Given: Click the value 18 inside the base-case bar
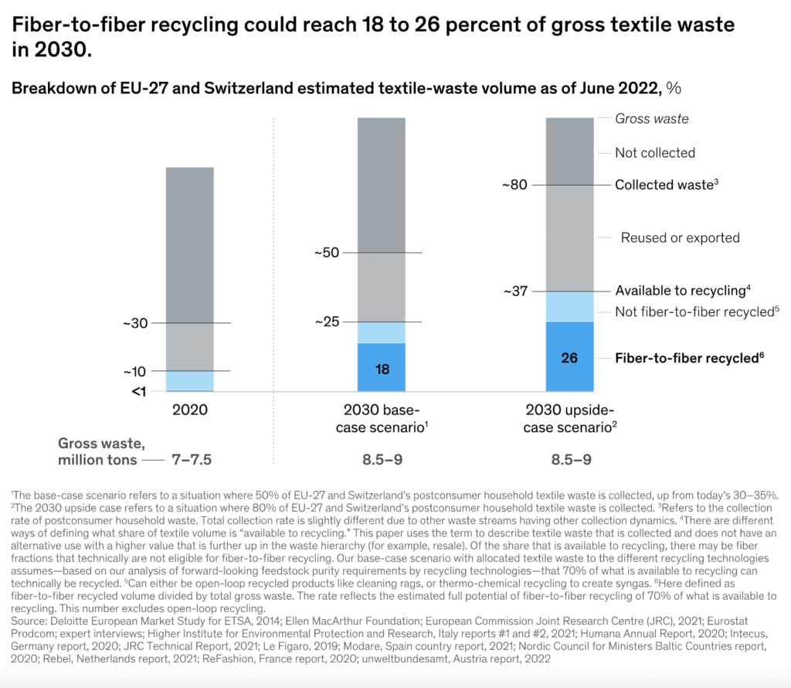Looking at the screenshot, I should pyautogui.click(x=382, y=369).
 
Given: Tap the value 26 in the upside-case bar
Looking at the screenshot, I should pyautogui.click(x=569, y=358).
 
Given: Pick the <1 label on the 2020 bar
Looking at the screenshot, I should pyautogui.click(x=138, y=391).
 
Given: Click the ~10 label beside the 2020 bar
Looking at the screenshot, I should pyautogui.click(x=136, y=372).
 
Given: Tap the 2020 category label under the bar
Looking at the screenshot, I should pyautogui.click(x=190, y=410).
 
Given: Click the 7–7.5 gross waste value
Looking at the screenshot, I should pyautogui.click(x=190, y=460).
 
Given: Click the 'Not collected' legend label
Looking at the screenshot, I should pyautogui.click(x=655, y=153).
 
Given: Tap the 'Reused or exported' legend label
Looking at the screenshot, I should pyautogui.click(x=681, y=237).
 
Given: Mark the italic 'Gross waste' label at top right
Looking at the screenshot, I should pyautogui.click(x=652, y=119).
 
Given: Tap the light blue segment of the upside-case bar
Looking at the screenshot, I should pyautogui.click(x=569, y=307).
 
